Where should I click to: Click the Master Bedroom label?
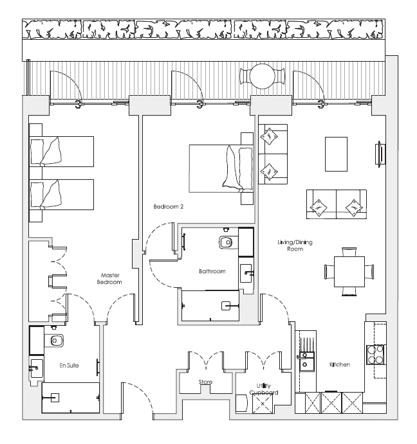coord(109,278)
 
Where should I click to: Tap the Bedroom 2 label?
coord(168,207)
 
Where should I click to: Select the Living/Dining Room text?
coord(295,245)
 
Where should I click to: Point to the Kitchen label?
coord(340,364)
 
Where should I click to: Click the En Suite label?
coord(69,365)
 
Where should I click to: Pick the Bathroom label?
coord(212,271)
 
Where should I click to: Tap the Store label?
coord(205,382)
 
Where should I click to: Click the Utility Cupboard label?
coord(264,389)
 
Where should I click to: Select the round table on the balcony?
coord(262,76)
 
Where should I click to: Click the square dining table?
coord(349,272)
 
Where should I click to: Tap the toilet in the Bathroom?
coord(226,242)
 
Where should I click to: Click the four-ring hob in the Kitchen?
coord(375,355)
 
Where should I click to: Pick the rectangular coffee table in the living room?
coord(336,154)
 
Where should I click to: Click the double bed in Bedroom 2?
coord(221,169)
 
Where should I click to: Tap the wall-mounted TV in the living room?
coord(380,154)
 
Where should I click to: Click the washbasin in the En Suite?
coord(36,368)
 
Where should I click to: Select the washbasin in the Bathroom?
coord(246,273)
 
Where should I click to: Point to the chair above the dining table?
coord(349,252)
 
